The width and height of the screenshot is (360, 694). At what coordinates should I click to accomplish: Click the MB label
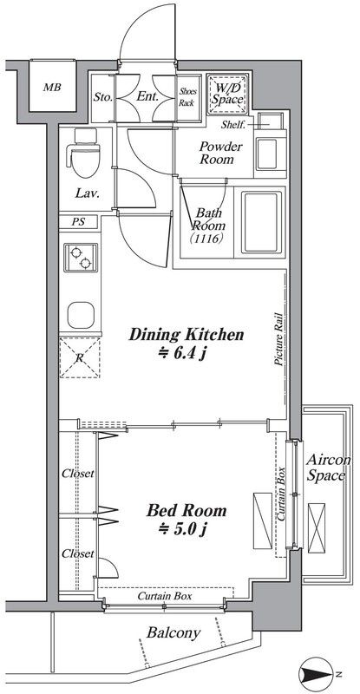click(52, 88)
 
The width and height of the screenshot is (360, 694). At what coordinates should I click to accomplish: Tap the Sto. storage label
click(103, 96)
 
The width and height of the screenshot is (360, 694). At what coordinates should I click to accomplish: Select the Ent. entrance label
click(147, 96)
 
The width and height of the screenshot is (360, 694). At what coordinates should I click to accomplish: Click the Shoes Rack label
click(187, 97)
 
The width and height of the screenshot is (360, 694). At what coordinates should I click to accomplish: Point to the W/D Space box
click(226, 95)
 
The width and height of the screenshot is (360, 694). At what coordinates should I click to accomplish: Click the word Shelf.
click(232, 124)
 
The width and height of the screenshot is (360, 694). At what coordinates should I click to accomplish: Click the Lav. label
click(87, 193)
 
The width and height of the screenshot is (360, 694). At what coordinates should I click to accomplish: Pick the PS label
click(78, 222)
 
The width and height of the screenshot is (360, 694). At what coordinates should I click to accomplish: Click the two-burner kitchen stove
click(81, 258)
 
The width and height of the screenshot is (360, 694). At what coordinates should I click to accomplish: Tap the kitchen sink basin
click(81, 315)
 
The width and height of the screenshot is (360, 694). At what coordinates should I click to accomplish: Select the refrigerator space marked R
click(80, 357)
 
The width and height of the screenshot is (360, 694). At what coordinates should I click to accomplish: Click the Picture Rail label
click(278, 339)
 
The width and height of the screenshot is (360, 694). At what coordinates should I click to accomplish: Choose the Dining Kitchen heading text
click(186, 335)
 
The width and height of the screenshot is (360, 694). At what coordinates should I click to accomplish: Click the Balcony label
click(173, 633)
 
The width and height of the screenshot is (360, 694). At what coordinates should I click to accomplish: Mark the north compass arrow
click(315, 675)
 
